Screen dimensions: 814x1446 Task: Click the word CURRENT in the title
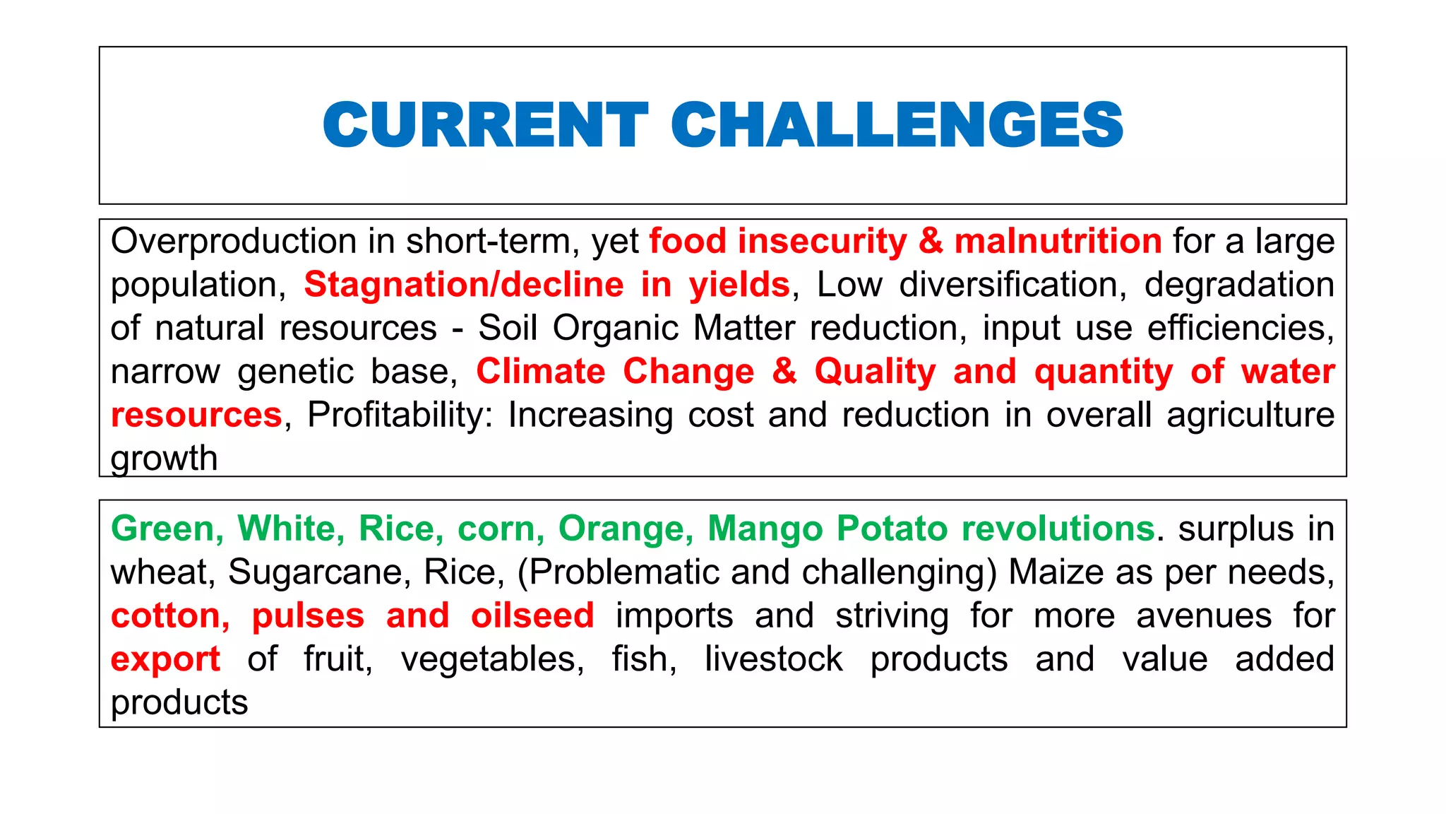(x=485, y=125)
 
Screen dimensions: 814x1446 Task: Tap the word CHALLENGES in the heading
(x=897, y=125)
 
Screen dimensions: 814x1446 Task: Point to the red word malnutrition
(x=1058, y=242)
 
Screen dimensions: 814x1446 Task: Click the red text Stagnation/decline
(x=464, y=285)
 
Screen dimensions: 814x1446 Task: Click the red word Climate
(x=541, y=372)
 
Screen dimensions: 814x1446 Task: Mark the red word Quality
(x=875, y=372)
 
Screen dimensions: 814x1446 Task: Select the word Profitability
(x=400, y=415)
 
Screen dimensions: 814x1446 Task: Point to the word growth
(x=164, y=459)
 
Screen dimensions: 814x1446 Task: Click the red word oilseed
(x=532, y=615)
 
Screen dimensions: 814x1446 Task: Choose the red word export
(x=165, y=660)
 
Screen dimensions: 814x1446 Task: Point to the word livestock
(x=773, y=660)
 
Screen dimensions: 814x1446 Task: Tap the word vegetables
(x=492, y=660)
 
